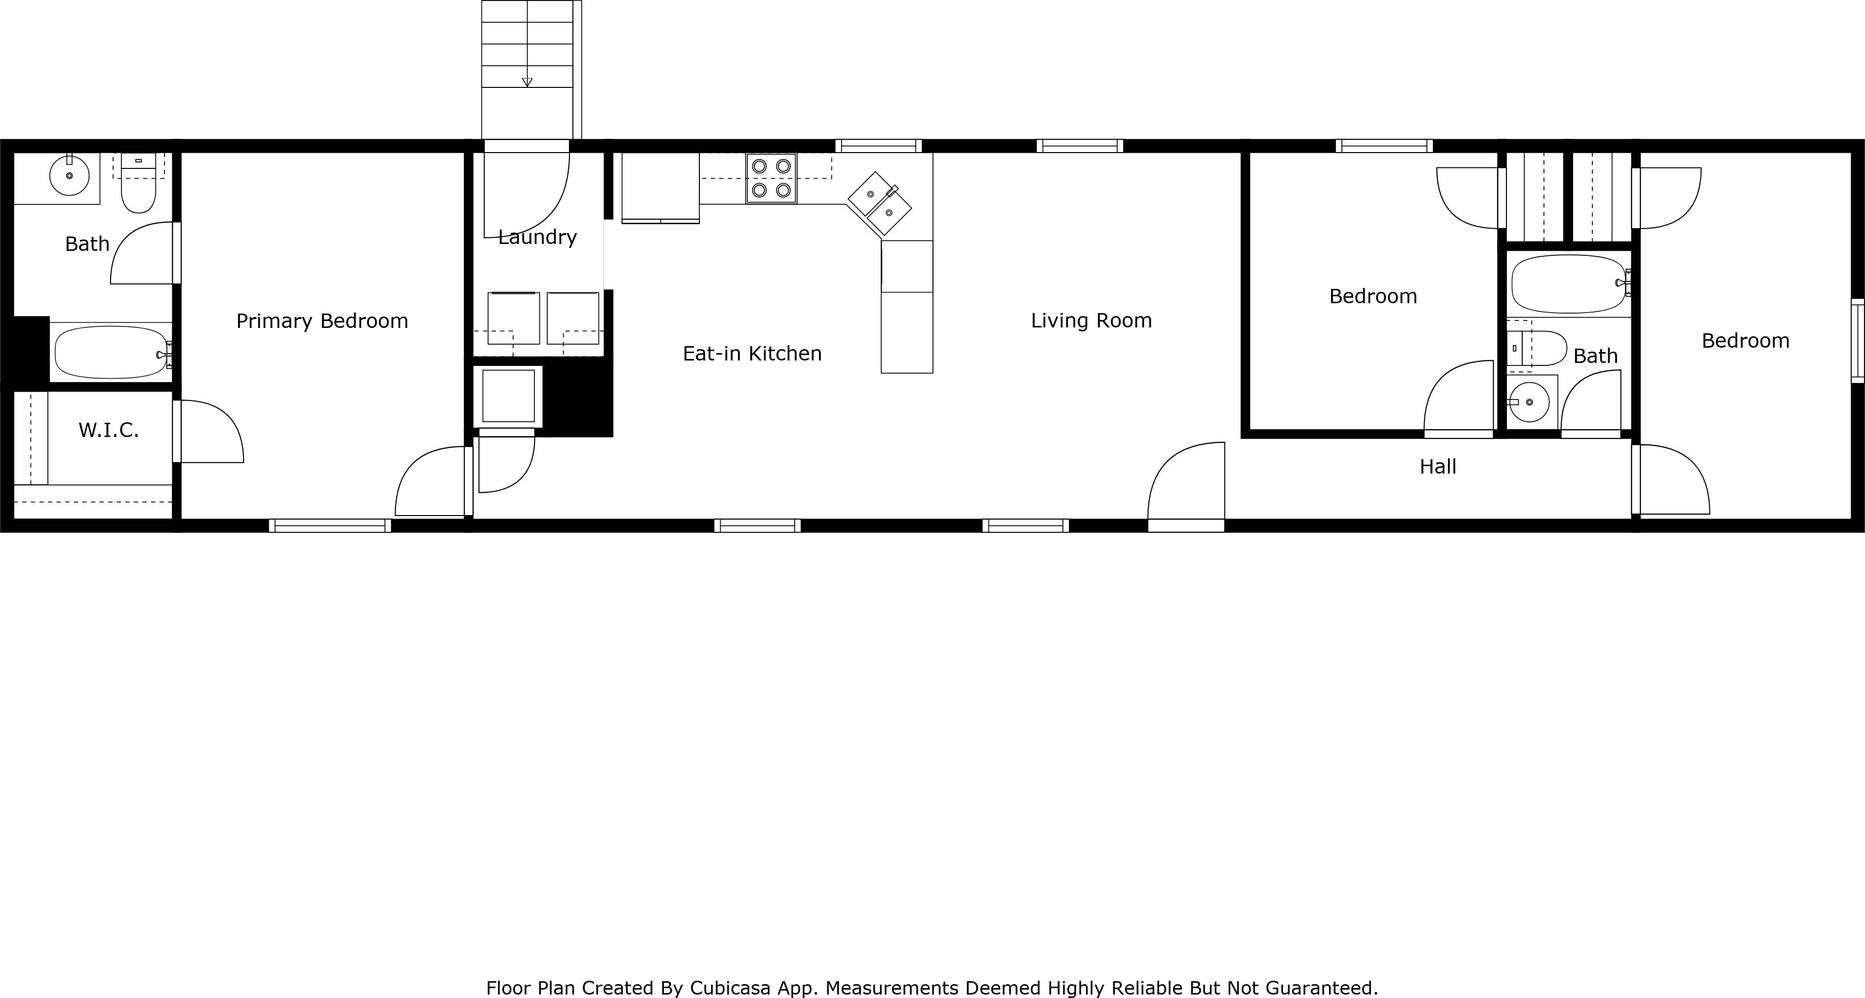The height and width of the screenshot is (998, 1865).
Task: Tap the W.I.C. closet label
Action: coord(109,430)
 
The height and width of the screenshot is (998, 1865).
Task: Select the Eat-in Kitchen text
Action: coord(752,353)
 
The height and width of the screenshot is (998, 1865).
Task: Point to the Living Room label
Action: coord(1091,320)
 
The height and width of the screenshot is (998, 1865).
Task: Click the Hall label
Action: coord(1438,467)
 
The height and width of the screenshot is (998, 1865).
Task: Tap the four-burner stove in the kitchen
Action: coord(771,178)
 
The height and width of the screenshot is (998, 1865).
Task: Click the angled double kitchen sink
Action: coord(880,203)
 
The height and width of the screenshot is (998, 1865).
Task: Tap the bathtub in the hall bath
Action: coord(1570,283)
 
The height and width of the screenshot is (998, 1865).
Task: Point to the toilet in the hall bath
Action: coord(1537,348)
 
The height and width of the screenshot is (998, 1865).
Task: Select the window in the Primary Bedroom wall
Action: coord(330,526)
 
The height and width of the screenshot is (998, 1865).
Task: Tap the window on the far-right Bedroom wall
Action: coord(1858,341)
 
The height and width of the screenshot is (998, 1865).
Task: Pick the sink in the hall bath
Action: coord(1529,401)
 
